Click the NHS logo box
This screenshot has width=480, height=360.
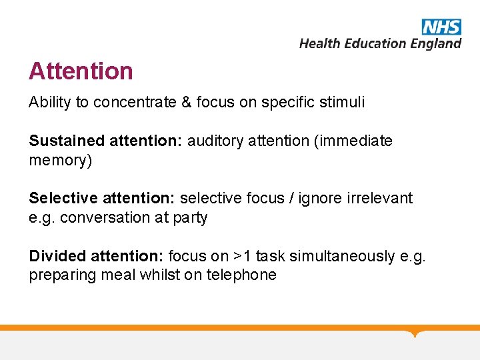coord(441,27)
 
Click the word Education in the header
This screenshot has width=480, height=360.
coord(373,43)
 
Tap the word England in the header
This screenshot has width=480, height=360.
coord(436,43)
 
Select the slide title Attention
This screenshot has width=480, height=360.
coord(81,71)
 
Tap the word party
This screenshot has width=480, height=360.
coord(191,218)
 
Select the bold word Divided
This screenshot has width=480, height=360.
coord(57,257)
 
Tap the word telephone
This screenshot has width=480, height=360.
coord(243,276)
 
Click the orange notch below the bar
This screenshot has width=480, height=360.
coord(415,333)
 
